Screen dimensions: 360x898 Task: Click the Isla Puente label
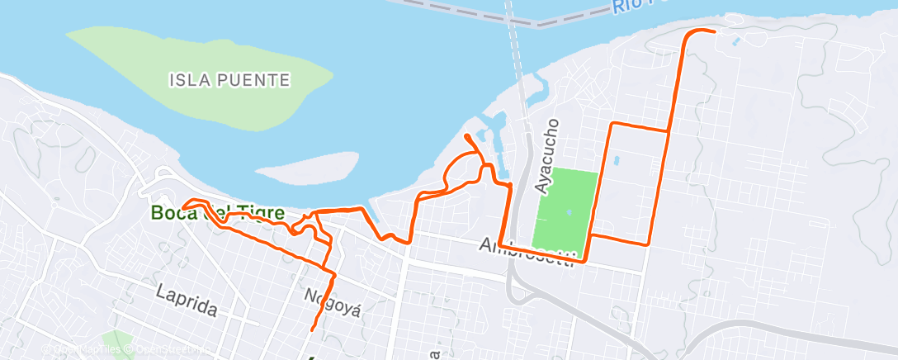(229, 80)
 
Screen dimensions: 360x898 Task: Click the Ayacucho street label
(547, 156)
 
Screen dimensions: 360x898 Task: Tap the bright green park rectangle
(565, 211)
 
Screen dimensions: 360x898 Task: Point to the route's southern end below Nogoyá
(312, 330)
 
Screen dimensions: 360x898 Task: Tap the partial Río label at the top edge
(631, 7)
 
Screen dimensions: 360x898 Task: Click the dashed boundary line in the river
(462, 13)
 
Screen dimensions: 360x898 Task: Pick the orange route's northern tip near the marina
(467, 135)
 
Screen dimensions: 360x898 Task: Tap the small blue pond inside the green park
(568, 212)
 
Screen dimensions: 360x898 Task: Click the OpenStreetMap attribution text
(169, 351)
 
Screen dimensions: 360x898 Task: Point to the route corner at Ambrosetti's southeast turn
(584, 262)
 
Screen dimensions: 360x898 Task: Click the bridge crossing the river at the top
(518, 50)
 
